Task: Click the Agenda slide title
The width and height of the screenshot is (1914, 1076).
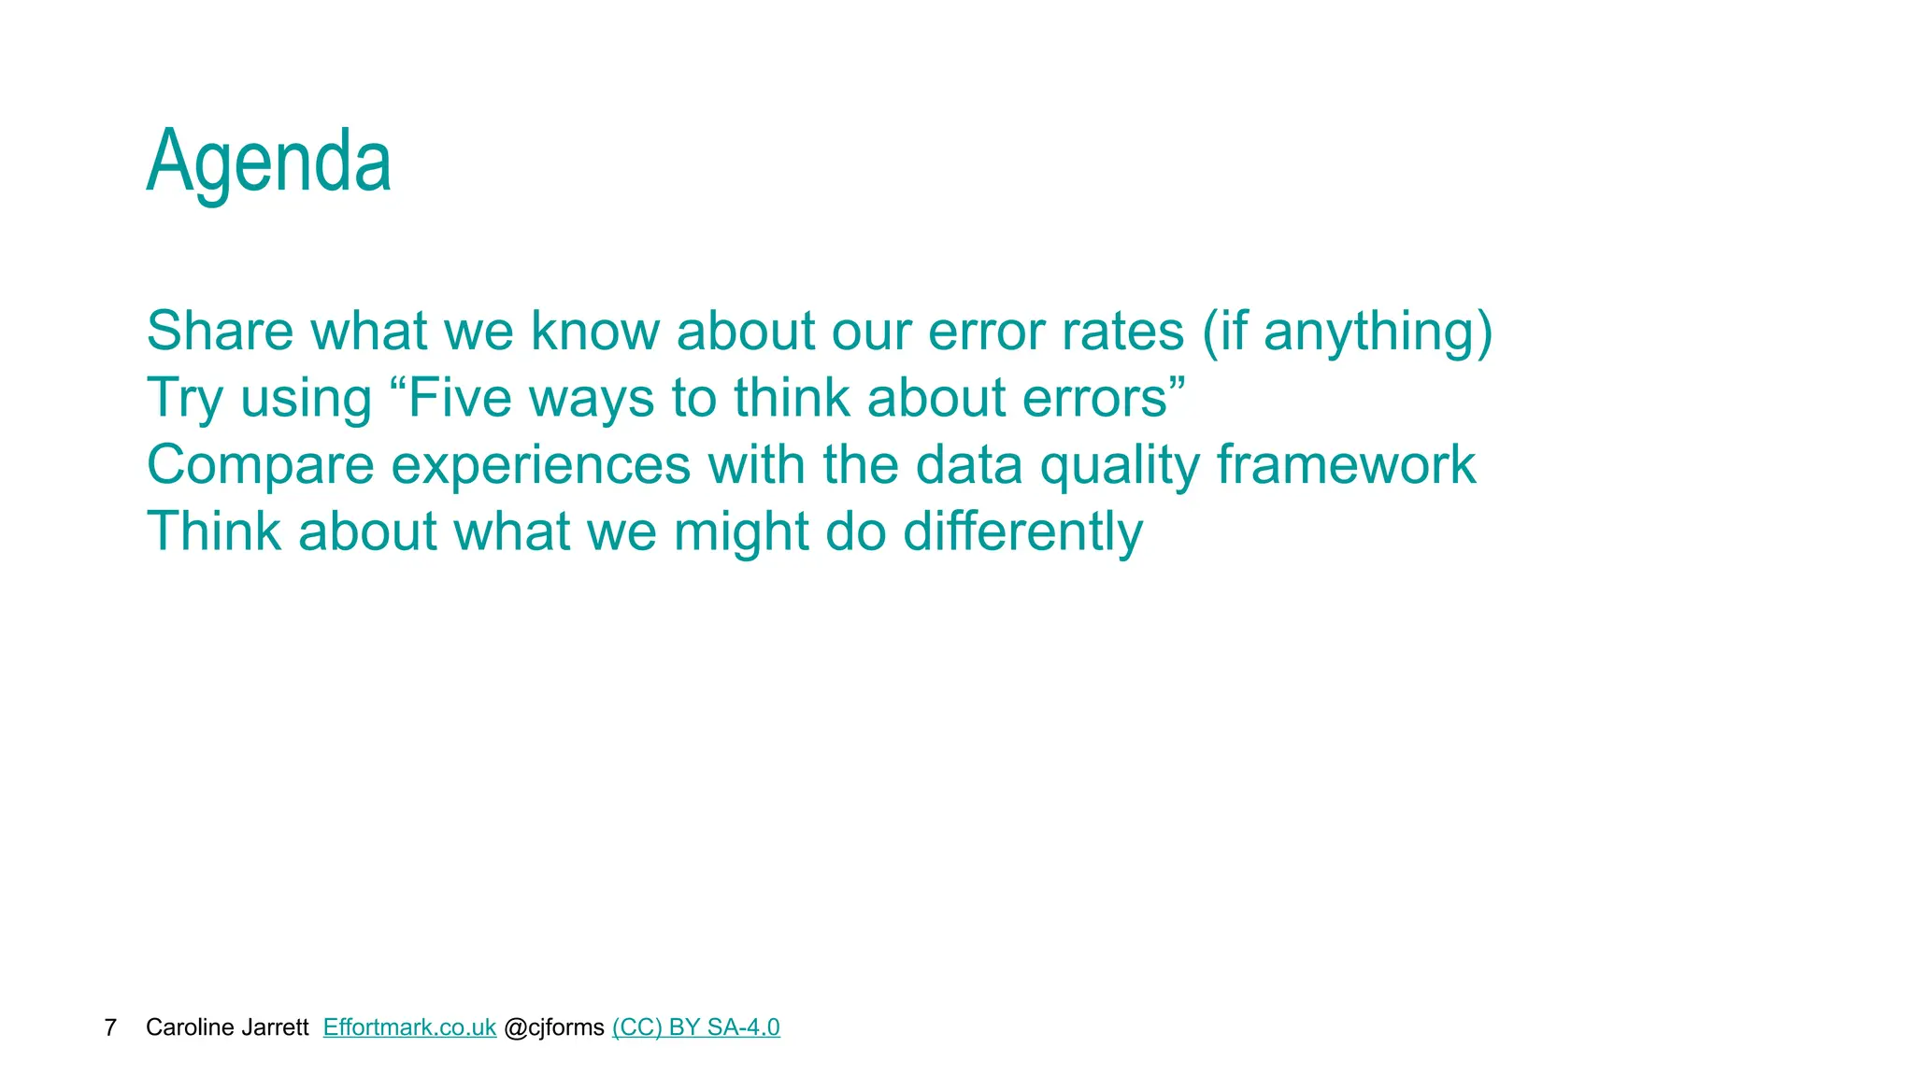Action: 268,162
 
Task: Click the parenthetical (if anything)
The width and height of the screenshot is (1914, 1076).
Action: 1347,333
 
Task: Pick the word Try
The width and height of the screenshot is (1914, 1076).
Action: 185,399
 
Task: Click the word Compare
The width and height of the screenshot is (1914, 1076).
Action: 260,465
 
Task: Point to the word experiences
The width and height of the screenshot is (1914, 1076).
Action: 540,465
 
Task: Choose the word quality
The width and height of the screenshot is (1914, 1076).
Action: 1120,465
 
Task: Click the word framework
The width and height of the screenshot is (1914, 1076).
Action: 1346,464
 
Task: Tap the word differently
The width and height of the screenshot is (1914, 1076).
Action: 1022,531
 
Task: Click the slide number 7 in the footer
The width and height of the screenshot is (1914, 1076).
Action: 110,1027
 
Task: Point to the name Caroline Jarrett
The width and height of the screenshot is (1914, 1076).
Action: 227,1027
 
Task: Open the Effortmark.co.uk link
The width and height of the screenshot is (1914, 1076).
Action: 409,1027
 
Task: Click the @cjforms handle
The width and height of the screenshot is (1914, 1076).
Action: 554,1027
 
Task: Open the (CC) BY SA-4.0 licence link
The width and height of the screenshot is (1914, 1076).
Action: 695,1027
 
